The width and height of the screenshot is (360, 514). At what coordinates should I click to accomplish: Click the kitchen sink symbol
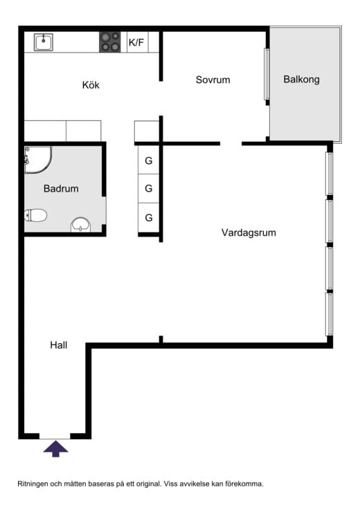(44, 42)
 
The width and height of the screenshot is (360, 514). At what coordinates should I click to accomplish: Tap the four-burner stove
(110, 42)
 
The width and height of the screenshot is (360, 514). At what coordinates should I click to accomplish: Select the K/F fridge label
(136, 42)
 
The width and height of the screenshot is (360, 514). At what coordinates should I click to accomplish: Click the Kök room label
(91, 85)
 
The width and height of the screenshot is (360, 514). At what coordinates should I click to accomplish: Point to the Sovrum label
(213, 80)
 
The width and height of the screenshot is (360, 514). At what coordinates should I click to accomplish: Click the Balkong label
(301, 80)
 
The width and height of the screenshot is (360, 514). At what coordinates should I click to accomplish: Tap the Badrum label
(61, 188)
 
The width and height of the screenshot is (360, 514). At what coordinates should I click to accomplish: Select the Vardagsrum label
(249, 232)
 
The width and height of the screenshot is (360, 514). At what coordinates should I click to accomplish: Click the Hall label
(59, 345)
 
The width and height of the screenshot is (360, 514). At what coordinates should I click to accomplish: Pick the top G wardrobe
(149, 160)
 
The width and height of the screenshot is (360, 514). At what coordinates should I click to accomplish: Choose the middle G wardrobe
(149, 188)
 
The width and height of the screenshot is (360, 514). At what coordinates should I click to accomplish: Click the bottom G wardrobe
(149, 217)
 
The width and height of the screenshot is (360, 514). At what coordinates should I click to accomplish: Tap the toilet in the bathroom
(36, 215)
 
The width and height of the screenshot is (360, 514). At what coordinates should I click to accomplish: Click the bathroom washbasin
(81, 225)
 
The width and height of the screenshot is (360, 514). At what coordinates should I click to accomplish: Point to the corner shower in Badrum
(38, 160)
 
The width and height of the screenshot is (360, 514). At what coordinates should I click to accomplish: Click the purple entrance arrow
(56, 448)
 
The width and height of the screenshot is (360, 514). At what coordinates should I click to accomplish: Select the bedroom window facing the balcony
(267, 74)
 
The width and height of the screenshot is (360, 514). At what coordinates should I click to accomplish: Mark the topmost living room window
(329, 174)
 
